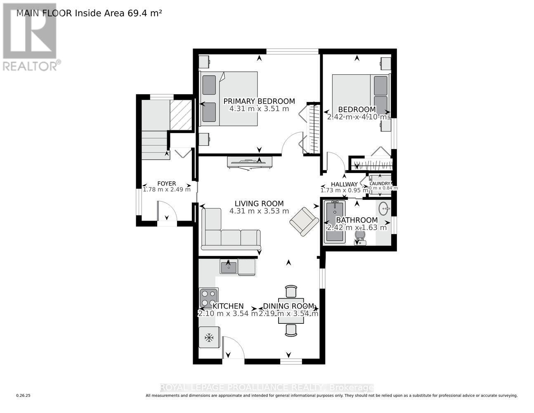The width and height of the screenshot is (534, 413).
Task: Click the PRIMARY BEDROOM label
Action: (x=259, y=101)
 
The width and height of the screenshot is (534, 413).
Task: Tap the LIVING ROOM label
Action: (x=259, y=204)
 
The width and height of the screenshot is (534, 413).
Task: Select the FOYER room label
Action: (x=166, y=184)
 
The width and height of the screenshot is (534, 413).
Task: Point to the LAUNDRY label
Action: (x=380, y=184)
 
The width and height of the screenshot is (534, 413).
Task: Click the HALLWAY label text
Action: (x=344, y=184)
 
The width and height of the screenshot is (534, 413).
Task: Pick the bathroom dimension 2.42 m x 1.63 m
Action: (x=357, y=228)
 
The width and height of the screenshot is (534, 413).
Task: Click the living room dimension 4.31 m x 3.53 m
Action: (x=259, y=211)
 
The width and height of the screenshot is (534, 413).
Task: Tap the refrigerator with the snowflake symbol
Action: (x=209, y=338)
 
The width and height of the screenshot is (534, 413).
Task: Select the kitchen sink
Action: (x=228, y=267)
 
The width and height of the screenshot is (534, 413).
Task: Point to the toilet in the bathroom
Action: (x=360, y=236)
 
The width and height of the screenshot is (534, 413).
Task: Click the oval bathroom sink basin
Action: (x=384, y=209)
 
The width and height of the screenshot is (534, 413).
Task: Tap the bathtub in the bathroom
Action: (x=335, y=222)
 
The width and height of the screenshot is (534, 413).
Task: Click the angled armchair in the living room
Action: (x=304, y=221)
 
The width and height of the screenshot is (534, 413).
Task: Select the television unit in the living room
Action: (x=249, y=162)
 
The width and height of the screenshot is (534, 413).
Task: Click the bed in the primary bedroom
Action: (x=229, y=98)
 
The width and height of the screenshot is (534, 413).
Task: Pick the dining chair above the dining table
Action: (x=291, y=291)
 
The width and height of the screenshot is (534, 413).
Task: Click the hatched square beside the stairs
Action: (x=181, y=115)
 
